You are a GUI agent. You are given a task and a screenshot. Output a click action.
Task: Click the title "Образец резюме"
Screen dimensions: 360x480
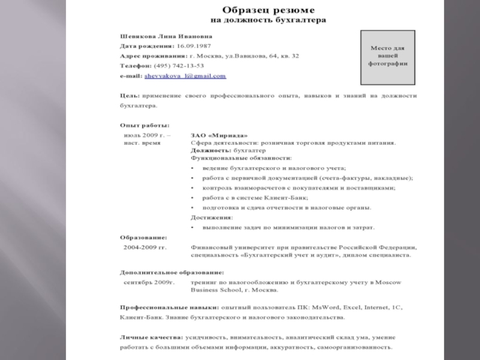[x=267, y=10]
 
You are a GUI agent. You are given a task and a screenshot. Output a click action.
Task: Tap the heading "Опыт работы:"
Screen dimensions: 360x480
[x=145, y=125]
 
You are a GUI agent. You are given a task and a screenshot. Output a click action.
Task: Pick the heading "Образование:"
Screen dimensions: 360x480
[x=144, y=237]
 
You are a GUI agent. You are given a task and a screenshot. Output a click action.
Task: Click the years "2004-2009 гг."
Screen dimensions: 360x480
[x=145, y=247]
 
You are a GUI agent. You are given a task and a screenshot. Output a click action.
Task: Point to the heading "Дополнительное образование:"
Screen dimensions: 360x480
[x=172, y=272]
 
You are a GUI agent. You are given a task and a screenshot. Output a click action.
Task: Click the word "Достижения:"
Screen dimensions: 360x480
[x=212, y=217]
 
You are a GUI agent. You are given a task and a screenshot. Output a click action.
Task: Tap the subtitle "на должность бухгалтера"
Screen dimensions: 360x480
[x=268, y=20]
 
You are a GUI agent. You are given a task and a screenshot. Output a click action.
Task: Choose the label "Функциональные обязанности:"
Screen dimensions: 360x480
[x=241, y=158]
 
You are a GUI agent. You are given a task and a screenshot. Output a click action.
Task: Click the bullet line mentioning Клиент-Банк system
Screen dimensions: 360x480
[x=252, y=197]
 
